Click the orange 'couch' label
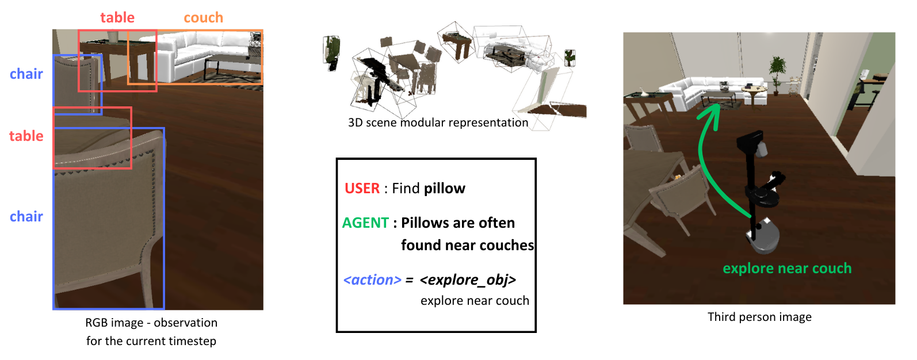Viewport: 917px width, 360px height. click(203, 18)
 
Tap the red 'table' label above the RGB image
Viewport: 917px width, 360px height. click(117, 18)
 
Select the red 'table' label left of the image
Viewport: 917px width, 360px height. click(26, 136)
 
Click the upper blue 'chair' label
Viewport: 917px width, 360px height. click(26, 74)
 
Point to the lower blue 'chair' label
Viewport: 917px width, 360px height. click(26, 217)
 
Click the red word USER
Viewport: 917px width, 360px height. click(362, 189)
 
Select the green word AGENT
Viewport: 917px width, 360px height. click(365, 223)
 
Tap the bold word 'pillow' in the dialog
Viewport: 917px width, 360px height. click(444, 189)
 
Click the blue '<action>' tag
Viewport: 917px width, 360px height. click(372, 280)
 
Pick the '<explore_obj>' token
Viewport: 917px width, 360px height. click(468, 280)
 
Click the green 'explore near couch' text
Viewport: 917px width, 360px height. click(786, 269)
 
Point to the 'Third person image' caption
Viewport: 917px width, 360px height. click(759, 317)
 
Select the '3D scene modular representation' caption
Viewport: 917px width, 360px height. click(438, 122)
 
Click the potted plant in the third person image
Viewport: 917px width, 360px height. click(778, 72)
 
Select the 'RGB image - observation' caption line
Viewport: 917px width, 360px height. click(151, 323)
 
